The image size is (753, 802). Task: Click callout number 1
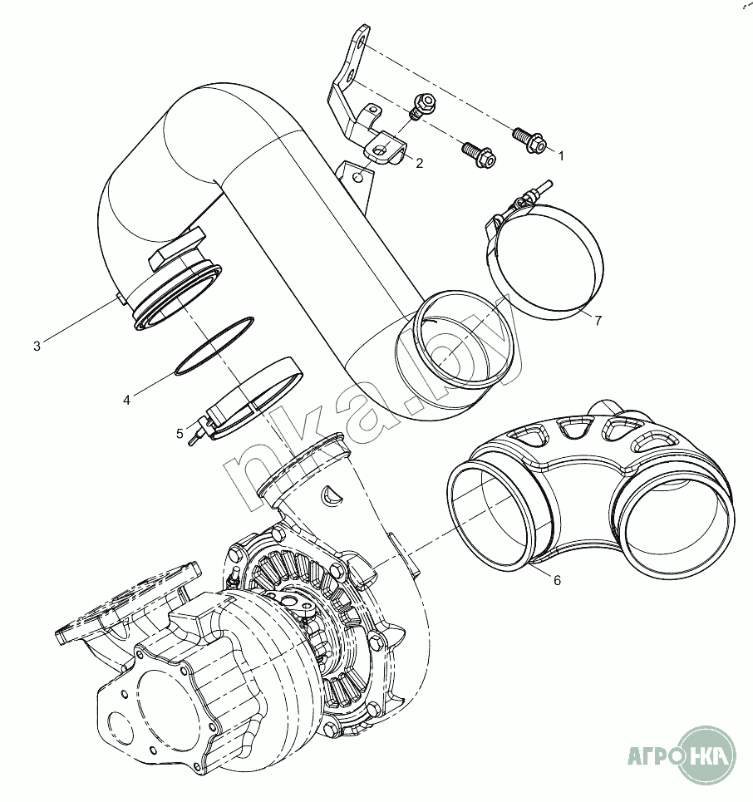pyautogui.click(x=560, y=155)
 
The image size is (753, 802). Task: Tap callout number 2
pyautogui.click(x=420, y=164)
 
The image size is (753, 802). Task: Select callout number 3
pyautogui.click(x=37, y=346)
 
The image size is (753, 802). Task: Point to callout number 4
pyautogui.click(x=126, y=400)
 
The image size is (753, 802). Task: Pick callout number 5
pyautogui.click(x=180, y=433)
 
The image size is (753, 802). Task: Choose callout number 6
pyautogui.click(x=557, y=580)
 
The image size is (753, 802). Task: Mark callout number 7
pyautogui.click(x=598, y=322)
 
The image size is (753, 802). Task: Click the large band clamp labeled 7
pyautogui.click(x=545, y=262)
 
